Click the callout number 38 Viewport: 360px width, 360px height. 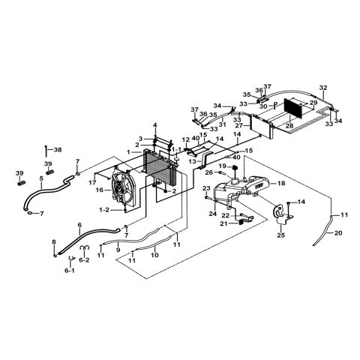[x=58, y=150]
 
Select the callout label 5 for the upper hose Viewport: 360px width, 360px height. [x=41, y=178]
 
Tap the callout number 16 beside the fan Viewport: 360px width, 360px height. [x=99, y=190]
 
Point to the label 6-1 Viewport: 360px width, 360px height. [x=70, y=271]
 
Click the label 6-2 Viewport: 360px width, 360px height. [x=84, y=260]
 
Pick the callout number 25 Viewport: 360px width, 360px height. [x=281, y=235]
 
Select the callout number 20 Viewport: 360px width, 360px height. [x=338, y=233]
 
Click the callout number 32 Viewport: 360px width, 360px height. [x=323, y=88]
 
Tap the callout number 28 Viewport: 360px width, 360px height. [x=289, y=126]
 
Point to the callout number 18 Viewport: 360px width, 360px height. [x=281, y=183]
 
